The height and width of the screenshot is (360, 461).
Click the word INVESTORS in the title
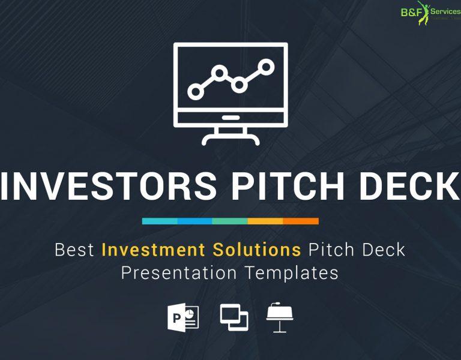click(108, 186)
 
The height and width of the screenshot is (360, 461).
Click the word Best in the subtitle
click(74, 250)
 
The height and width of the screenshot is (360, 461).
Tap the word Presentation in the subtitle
click(178, 272)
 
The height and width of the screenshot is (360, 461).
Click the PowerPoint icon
click(182, 317)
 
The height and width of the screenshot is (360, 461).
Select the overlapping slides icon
click(234, 317)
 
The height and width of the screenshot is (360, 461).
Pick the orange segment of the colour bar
click(301, 221)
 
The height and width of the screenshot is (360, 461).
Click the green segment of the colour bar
click(230, 221)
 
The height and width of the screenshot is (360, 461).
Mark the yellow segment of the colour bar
click(265, 221)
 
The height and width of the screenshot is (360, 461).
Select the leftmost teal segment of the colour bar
click(160, 221)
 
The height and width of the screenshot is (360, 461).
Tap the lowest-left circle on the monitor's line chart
click(194, 91)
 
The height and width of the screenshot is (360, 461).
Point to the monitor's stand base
click(230, 139)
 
